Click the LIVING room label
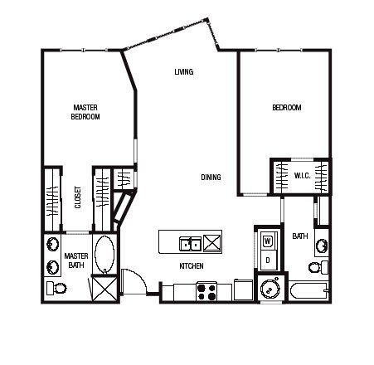pos(184,72)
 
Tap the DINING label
pos(211,178)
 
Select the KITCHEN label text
pos(192,266)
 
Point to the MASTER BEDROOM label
pos(85,112)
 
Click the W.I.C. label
pos(302,176)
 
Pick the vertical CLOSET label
pos(78,197)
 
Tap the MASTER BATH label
pos(76,260)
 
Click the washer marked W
pos(268,241)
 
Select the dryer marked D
pos(268,260)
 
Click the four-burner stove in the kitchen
pos(206,291)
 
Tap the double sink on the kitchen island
pos(190,244)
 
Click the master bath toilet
pos(56,288)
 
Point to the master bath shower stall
pos(104,289)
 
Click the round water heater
pos(270,288)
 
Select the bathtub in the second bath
pos(309,290)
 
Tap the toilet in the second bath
pos(318,267)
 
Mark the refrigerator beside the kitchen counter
pos(244,290)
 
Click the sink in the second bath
pos(322,246)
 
